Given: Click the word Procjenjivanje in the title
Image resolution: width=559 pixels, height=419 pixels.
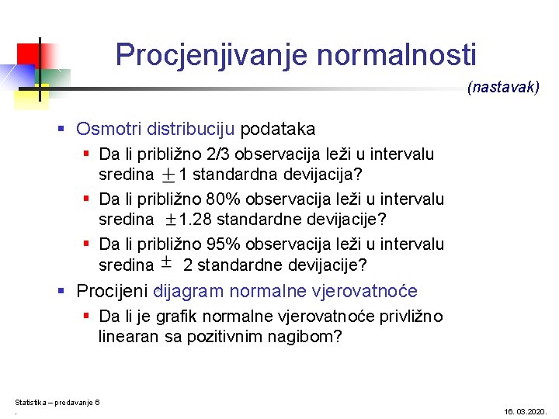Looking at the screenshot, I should pyautogui.click(x=212, y=55).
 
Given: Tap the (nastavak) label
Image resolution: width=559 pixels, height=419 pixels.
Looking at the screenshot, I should pyautogui.click(x=503, y=88).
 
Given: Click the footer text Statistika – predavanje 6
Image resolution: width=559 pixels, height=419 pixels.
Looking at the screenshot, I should pyautogui.click(x=57, y=402).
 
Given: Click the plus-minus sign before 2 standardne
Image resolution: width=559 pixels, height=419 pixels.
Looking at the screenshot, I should pyautogui.click(x=166, y=262).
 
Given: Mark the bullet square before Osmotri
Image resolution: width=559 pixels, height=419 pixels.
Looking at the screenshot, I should pyautogui.click(x=63, y=129).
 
